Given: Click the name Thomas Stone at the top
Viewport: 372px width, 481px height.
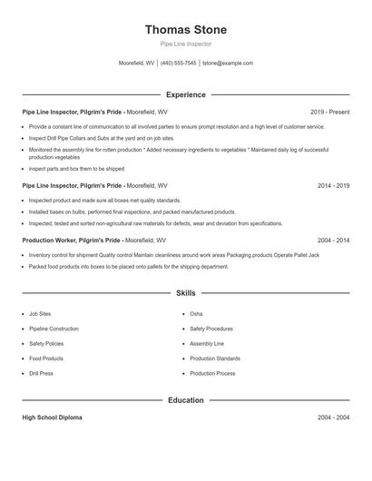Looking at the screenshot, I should pos(186,30).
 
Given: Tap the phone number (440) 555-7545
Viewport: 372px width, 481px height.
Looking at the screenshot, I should pos(179,64).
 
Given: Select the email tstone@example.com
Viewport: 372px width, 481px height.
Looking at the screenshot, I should pos(228,64).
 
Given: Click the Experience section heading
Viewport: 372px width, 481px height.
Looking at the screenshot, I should pos(185,94).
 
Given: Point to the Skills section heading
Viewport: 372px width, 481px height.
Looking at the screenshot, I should pos(185,293).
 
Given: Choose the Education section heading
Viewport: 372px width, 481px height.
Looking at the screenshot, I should pos(185,400).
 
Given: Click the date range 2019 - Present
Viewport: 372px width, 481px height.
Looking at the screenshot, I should pos(329,112).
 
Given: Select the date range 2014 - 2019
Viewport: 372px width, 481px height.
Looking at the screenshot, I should pos(333,185).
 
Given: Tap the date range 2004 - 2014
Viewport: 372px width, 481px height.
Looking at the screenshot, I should pos(333,240).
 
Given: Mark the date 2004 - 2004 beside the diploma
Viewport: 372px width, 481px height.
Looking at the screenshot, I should pos(333,417).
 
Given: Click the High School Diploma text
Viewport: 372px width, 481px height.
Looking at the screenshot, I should pos(52,417).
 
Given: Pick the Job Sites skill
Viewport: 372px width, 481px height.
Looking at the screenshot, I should pos(40,314).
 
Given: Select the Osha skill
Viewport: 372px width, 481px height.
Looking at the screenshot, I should pos(196,314).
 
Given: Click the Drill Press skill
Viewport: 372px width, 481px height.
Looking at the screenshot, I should pos(41,373).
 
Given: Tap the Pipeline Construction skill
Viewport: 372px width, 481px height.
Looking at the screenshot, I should pos(54,329).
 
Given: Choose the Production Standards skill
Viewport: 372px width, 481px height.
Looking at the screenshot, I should pos(215,358).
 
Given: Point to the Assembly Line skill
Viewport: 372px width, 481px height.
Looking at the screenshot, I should pos(207,344).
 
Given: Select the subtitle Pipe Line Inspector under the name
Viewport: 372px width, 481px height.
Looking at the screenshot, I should pos(185,44).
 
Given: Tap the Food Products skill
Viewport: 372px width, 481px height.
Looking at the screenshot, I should pos(46,358).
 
